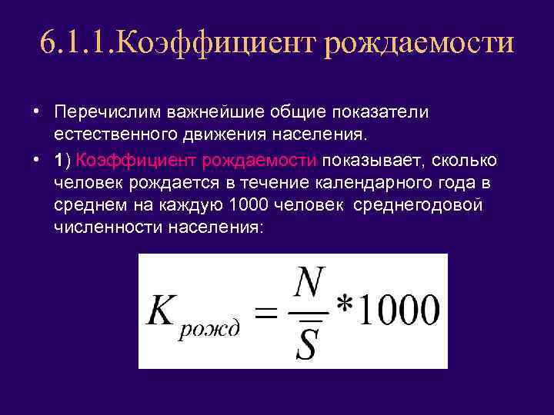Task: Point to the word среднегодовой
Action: [x=420, y=205]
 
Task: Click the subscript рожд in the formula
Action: [x=212, y=329]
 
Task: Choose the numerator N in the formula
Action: [x=310, y=286]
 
